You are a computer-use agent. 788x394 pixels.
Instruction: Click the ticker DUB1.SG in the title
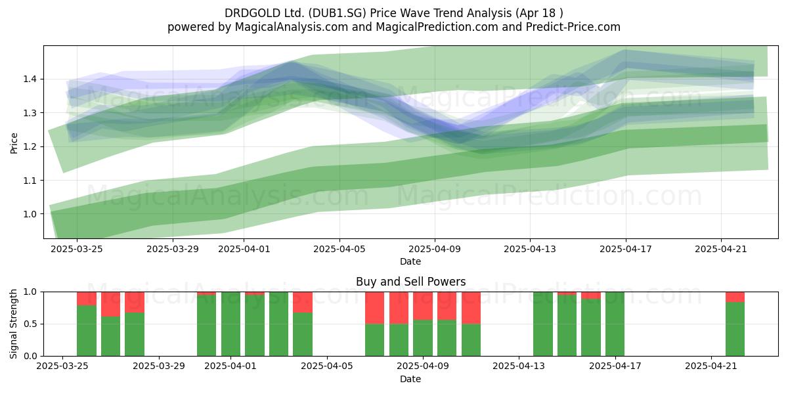click(x=338, y=13)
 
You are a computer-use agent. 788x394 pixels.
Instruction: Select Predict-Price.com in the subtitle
click(x=573, y=27)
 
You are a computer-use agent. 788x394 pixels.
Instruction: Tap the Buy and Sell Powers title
click(x=410, y=282)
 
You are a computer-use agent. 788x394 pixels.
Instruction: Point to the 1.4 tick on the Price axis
click(x=30, y=79)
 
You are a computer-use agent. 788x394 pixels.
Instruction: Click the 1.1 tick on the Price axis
click(x=30, y=181)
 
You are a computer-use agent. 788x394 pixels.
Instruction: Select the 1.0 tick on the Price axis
click(x=30, y=214)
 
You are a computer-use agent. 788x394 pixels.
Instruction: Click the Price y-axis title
click(x=14, y=143)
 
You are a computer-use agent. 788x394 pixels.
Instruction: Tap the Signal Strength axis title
click(x=13, y=324)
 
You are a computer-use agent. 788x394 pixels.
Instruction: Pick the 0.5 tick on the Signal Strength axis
click(x=30, y=324)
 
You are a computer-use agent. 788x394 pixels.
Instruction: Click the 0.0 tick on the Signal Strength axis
click(x=30, y=357)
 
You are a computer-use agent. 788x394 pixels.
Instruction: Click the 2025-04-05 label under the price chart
click(x=339, y=250)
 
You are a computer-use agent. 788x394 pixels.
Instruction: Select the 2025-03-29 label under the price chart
click(x=173, y=250)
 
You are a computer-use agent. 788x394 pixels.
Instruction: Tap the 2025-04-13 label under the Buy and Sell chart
click(x=519, y=366)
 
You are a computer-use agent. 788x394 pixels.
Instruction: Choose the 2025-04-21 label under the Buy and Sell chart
click(x=711, y=366)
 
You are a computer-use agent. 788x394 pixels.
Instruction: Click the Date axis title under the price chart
click(x=410, y=261)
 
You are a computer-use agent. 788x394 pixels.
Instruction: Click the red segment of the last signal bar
click(x=735, y=297)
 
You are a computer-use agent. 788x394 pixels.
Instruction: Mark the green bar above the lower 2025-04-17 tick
click(x=615, y=324)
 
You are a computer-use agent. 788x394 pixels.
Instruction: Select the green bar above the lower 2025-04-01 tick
click(x=230, y=324)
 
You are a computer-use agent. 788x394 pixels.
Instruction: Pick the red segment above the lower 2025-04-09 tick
click(x=423, y=306)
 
